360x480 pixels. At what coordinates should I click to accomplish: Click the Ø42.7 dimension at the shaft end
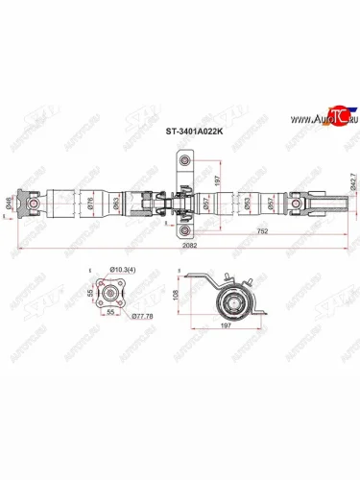coord(352,201)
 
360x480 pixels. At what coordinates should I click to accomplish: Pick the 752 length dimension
coord(262,231)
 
